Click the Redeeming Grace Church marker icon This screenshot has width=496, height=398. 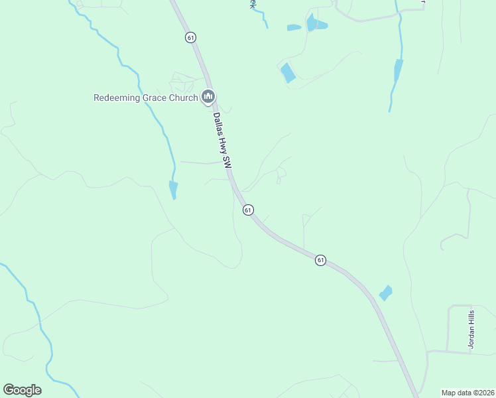tap(208, 98)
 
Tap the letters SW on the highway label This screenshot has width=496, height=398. tap(227, 162)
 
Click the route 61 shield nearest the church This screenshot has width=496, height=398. tap(191, 37)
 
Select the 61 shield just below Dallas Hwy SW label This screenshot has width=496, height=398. tap(248, 210)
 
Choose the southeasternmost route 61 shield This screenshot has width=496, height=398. tap(320, 260)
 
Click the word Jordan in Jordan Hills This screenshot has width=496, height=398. tap(471, 338)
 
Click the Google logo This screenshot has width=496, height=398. tap(22, 390)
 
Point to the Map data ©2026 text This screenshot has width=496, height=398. tap(467, 393)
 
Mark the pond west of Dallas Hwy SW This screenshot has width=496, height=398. tap(173, 190)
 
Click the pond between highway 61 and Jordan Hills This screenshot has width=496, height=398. tap(385, 293)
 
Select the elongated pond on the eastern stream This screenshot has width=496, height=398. tap(398, 70)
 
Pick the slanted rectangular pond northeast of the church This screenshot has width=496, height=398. tap(288, 72)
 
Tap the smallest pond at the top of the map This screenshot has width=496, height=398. tap(294, 28)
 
